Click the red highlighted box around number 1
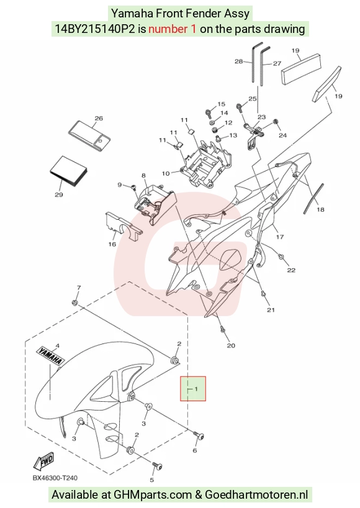[193, 388]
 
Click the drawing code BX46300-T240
[55, 478]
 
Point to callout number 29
[58, 195]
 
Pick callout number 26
[99, 118]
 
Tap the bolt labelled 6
[199, 435]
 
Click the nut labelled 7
[74, 302]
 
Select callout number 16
[112, 244]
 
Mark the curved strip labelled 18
[313, 198]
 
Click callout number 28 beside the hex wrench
[238, 61]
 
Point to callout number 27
[277, 63]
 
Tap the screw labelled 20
[223, 329]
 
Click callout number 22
[291, 270]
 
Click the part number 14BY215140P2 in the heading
[94, 29]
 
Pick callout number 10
[166, 174]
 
